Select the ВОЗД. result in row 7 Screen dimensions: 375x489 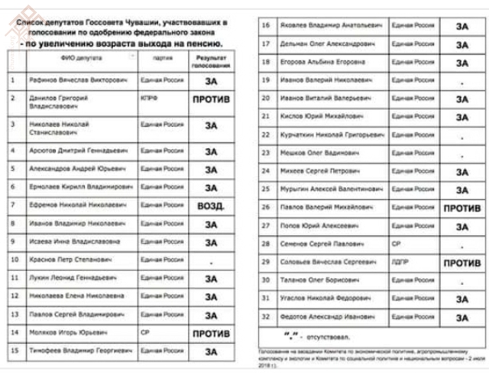[211, 205]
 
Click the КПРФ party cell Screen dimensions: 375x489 [149, 98]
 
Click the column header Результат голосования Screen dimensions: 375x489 [210, 60]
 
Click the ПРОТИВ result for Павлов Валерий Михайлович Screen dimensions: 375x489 [461, 208]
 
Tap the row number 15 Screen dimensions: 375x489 [13, 351]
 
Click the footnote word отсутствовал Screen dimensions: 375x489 [324, 338]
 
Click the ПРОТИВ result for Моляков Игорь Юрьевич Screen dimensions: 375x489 [210, 334]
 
